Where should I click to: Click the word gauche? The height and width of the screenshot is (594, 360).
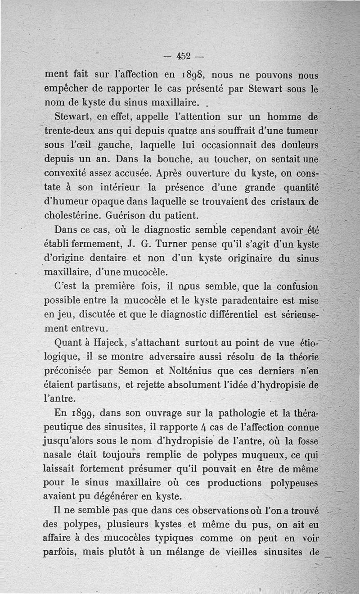pos(106,146)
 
